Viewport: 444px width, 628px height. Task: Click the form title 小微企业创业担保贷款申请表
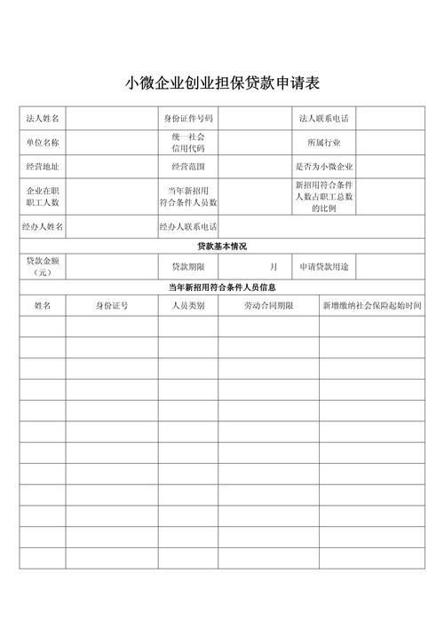pyautogui.click(x=222, y=84)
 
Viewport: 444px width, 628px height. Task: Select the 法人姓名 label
pyautogui.click(x=43, y=118)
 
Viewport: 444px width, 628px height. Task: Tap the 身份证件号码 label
pyautogui.click(x=187, y=118)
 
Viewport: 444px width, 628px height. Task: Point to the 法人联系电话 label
pyautogui.click(x=324, y=118)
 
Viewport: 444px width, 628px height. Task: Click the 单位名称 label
pyautogui.click(x=43, y=142)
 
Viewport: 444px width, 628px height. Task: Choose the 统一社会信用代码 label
pyautogui.click(x=187, y=142)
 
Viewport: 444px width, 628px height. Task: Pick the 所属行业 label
pyautogui.click(x=324, y=142)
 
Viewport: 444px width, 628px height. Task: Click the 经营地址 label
pyautogui.click(x=43, y=166)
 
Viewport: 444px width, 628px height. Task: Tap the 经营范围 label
pyautogui.click(x=187, y=166)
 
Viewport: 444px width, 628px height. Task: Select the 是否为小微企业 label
pyautogui.click(x=324, y=166)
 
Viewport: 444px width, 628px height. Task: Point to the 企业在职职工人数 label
pyautogui.click(x=43, y=196)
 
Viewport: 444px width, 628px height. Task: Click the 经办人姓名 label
pyautogui.click(x=43, y=227)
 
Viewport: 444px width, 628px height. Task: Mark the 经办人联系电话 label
pyautogui.click(x=188, y=227)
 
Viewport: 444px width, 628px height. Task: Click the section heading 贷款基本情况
pyautogui.click(x=222, y=246)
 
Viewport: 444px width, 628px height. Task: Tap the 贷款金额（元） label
pyautogui.click(x=43, y=266)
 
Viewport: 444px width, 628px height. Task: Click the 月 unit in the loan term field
pyautogui.click(x=274, y=266)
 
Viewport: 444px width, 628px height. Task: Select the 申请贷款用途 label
pyautogui.click(x=324, y=266)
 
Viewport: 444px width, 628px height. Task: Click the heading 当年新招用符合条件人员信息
pyautogui.click(x=222, y=287)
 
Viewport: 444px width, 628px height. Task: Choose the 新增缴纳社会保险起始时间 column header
pyautogui.click(x=372, y=305)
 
